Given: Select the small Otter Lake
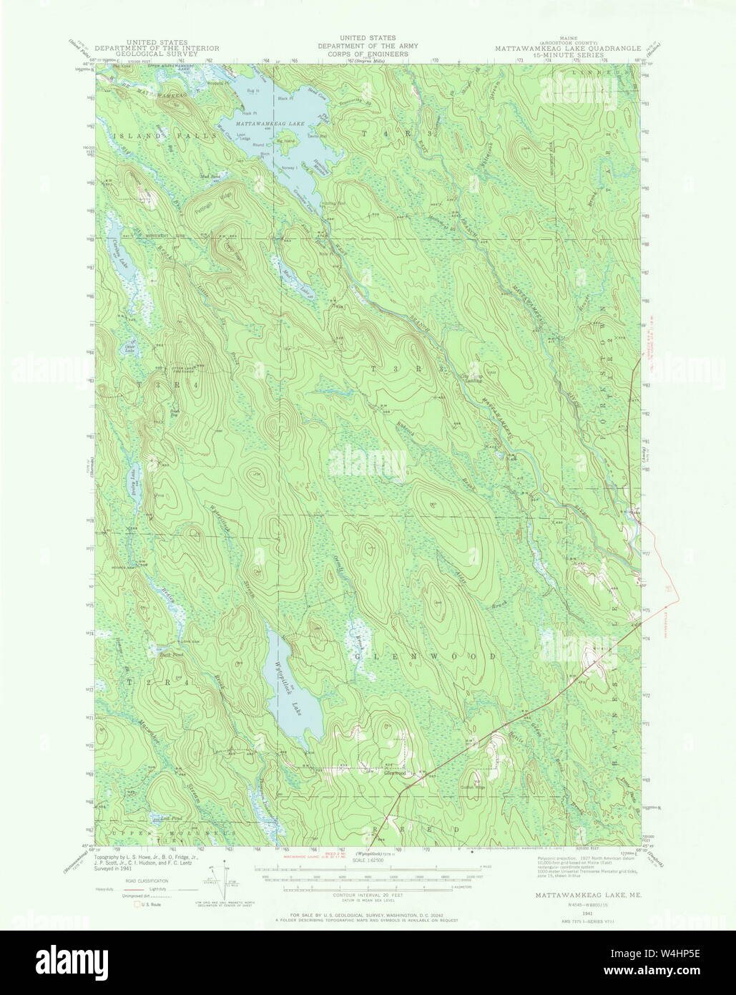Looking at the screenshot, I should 129,349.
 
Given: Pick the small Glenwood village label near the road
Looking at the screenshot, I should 395,773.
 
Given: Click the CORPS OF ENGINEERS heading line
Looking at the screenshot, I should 368,52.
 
